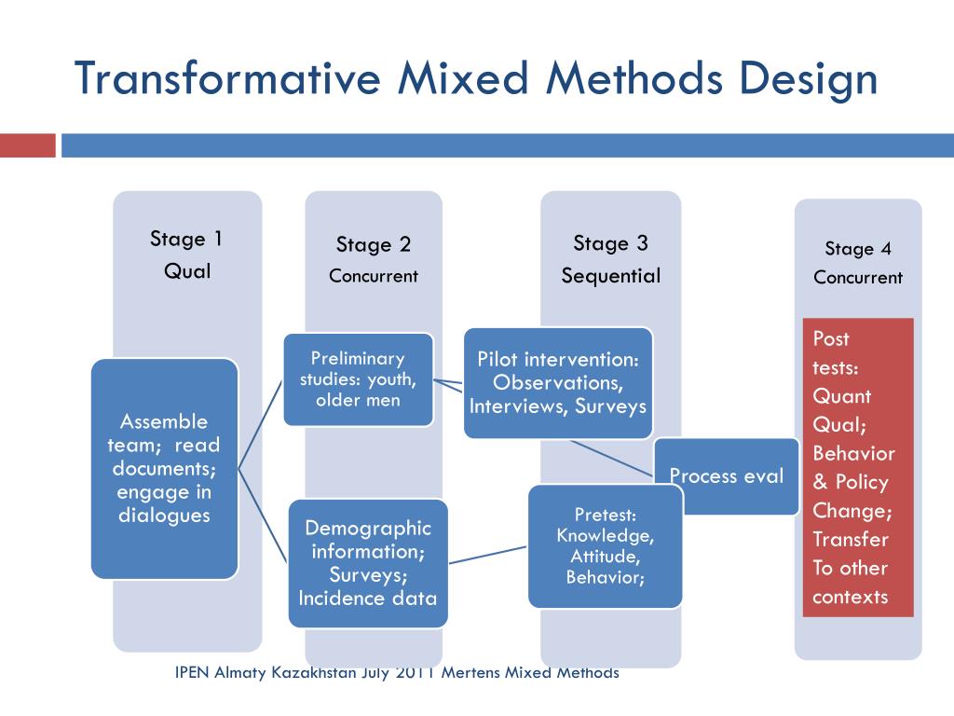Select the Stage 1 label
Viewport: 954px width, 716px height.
(x=186, y=239)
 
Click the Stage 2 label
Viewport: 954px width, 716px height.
(x=374, y=245)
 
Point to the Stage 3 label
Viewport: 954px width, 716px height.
(x=610, y=244)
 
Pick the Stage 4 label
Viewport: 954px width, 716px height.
(x=858, y=249)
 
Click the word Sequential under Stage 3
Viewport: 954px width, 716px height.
(x=610, y=276)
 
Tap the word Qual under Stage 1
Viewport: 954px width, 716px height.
(x=187, y=271)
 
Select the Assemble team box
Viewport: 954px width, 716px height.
(x=165, y=468)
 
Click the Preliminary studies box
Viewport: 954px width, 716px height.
(x=358, y=379)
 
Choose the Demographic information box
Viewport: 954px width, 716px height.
(x=367, y=562)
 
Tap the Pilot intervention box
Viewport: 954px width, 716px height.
(x=557, y=382)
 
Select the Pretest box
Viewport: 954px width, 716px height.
(x=605, y=546)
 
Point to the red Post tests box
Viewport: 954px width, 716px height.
(x=858, y=467)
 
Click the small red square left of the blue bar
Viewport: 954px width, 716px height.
(x=28, y=145)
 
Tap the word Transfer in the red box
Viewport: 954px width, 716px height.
(x=851, y=539)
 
